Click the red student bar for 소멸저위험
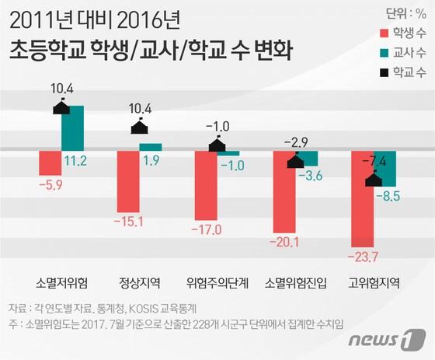click(x=50, y=163)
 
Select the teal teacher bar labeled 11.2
click(x=73, y=128)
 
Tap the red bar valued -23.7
click(x=363, y=197)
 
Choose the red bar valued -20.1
click(x=284, y=190)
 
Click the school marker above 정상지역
click(x=139, y=128)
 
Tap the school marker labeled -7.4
click(x=374, y=180)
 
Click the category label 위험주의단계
click(x=217, y=281)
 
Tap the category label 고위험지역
click(x=374, y=281)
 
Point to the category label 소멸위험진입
click(x=295, y=281)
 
